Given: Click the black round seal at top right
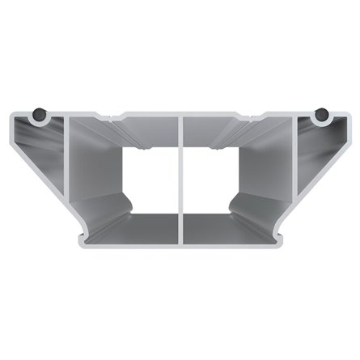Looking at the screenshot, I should click(322, 115).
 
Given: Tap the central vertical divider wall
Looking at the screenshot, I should click(180, 182).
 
